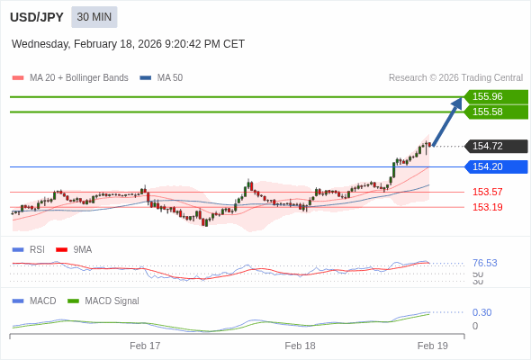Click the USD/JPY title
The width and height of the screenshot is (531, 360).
click(x=36, y=17)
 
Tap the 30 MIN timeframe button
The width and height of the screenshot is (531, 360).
click(x=94, y=17)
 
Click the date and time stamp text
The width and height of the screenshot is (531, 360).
click(x=128, y=44)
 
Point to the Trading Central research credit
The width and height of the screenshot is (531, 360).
click(x=455, y=77)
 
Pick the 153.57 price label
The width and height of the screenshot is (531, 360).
click(x=487, y=192)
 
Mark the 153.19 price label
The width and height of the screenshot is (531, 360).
click(x=487, y=207)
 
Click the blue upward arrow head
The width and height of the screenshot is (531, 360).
click(x=457, y=103)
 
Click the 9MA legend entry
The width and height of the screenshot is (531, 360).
click(x=82, y=249)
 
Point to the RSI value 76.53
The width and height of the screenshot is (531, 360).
click(x=484, y=263)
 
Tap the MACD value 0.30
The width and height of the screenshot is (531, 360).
click(x=481, y=312)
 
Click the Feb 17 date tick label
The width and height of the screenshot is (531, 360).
click(x=145, y=346)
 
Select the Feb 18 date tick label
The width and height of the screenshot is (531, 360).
click(x=300, y=346)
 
